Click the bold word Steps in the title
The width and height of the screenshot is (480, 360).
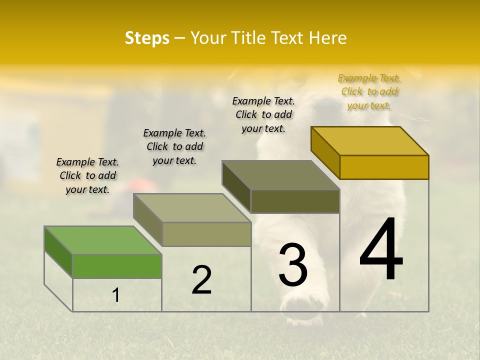click(147, 38)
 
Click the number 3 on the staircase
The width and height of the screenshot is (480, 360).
click(293, 265)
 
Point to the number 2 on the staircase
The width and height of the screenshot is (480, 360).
click(201, 280)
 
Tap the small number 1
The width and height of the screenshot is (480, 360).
click(116, 295)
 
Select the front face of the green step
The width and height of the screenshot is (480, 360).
click(117, 266)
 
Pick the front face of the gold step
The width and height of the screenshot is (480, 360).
click(384, 167)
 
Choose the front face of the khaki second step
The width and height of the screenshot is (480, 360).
click(206, 234)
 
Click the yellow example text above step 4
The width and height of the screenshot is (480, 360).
click(369, 91)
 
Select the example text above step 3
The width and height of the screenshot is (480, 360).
click(263, 114)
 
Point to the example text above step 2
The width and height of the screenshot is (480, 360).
click(174, 146)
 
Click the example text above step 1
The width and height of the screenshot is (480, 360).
click(87, 175)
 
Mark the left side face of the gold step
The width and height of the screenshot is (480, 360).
click(325, 152)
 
